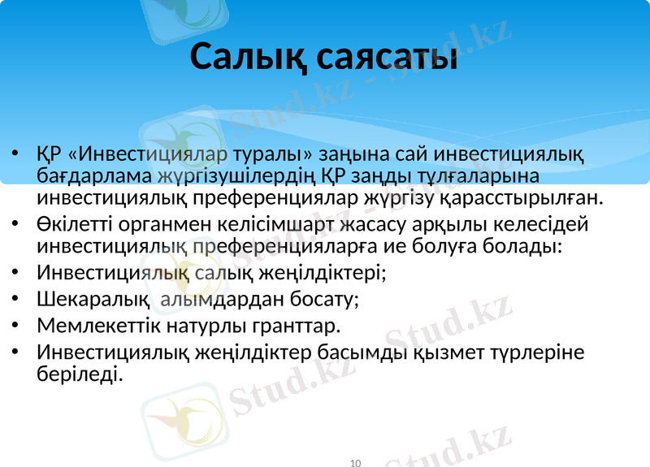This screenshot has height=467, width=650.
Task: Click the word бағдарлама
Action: (82, 175)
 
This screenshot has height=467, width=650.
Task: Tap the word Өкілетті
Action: (71, 223)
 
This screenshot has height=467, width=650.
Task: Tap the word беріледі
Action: (80, 374)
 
